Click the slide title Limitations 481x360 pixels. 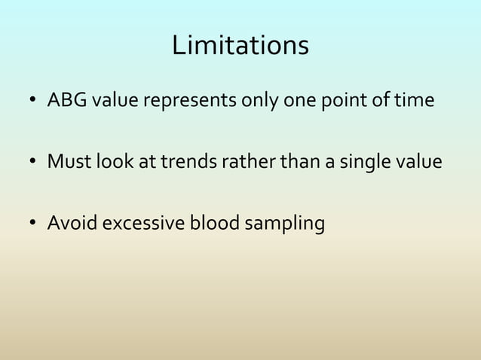tap(240, 46)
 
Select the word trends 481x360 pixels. tap(182, 161)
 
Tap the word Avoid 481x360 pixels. tap(69, 224)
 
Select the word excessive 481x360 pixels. tap(142, 224)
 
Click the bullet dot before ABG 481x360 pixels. tap(32, 101)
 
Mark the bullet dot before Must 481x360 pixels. tap(32, 163)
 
